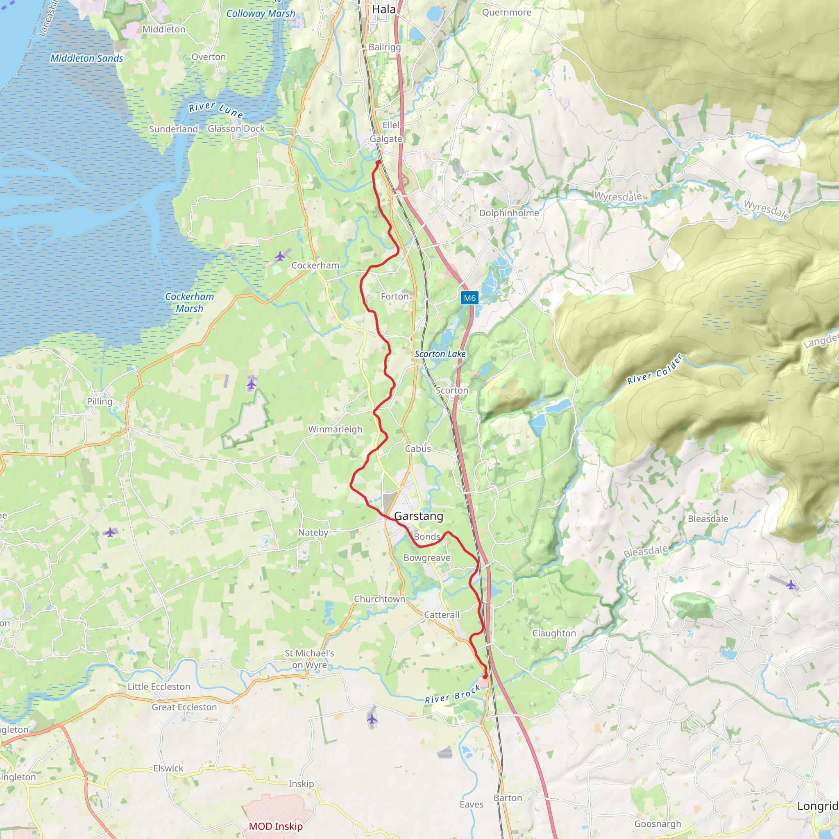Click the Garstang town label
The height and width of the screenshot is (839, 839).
pos(419,516)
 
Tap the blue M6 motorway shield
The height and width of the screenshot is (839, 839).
pos(469,298)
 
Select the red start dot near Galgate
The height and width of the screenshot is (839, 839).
pos(378,162)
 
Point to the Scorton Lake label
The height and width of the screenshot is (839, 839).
pos(440,354)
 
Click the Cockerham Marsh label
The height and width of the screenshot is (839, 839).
pos(189,302)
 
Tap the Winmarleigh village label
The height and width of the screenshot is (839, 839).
pos(335,429)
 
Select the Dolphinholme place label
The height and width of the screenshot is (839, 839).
pos(509,213)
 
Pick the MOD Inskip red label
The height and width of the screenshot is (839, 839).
pos(275,826)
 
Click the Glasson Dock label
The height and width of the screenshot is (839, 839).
pos(236,129)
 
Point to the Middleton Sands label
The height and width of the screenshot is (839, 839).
pos(87,58)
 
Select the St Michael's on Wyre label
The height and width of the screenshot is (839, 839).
pos(309,659)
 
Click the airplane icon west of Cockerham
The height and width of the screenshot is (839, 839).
pos(281,256)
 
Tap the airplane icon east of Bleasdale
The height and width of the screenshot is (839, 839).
pos(791,585)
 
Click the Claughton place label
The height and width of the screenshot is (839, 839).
pos(554,633)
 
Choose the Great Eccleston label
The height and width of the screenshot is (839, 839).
pos(184,707)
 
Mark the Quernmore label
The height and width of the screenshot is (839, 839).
pos(506,12)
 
